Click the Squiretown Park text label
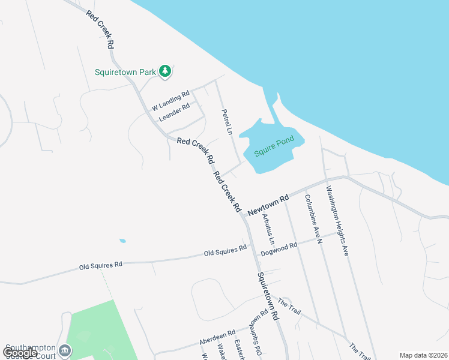pos(125,72)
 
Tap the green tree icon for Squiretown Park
pos(165,71)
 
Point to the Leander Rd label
pos(174,112)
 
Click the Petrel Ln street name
pos(226,122)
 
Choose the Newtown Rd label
pos(268,204)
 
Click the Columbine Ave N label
pos(314,219)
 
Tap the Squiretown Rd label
pos(268,296)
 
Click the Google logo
pos(20,353)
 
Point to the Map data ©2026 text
pos(423,355)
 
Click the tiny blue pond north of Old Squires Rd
pos(122,241)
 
